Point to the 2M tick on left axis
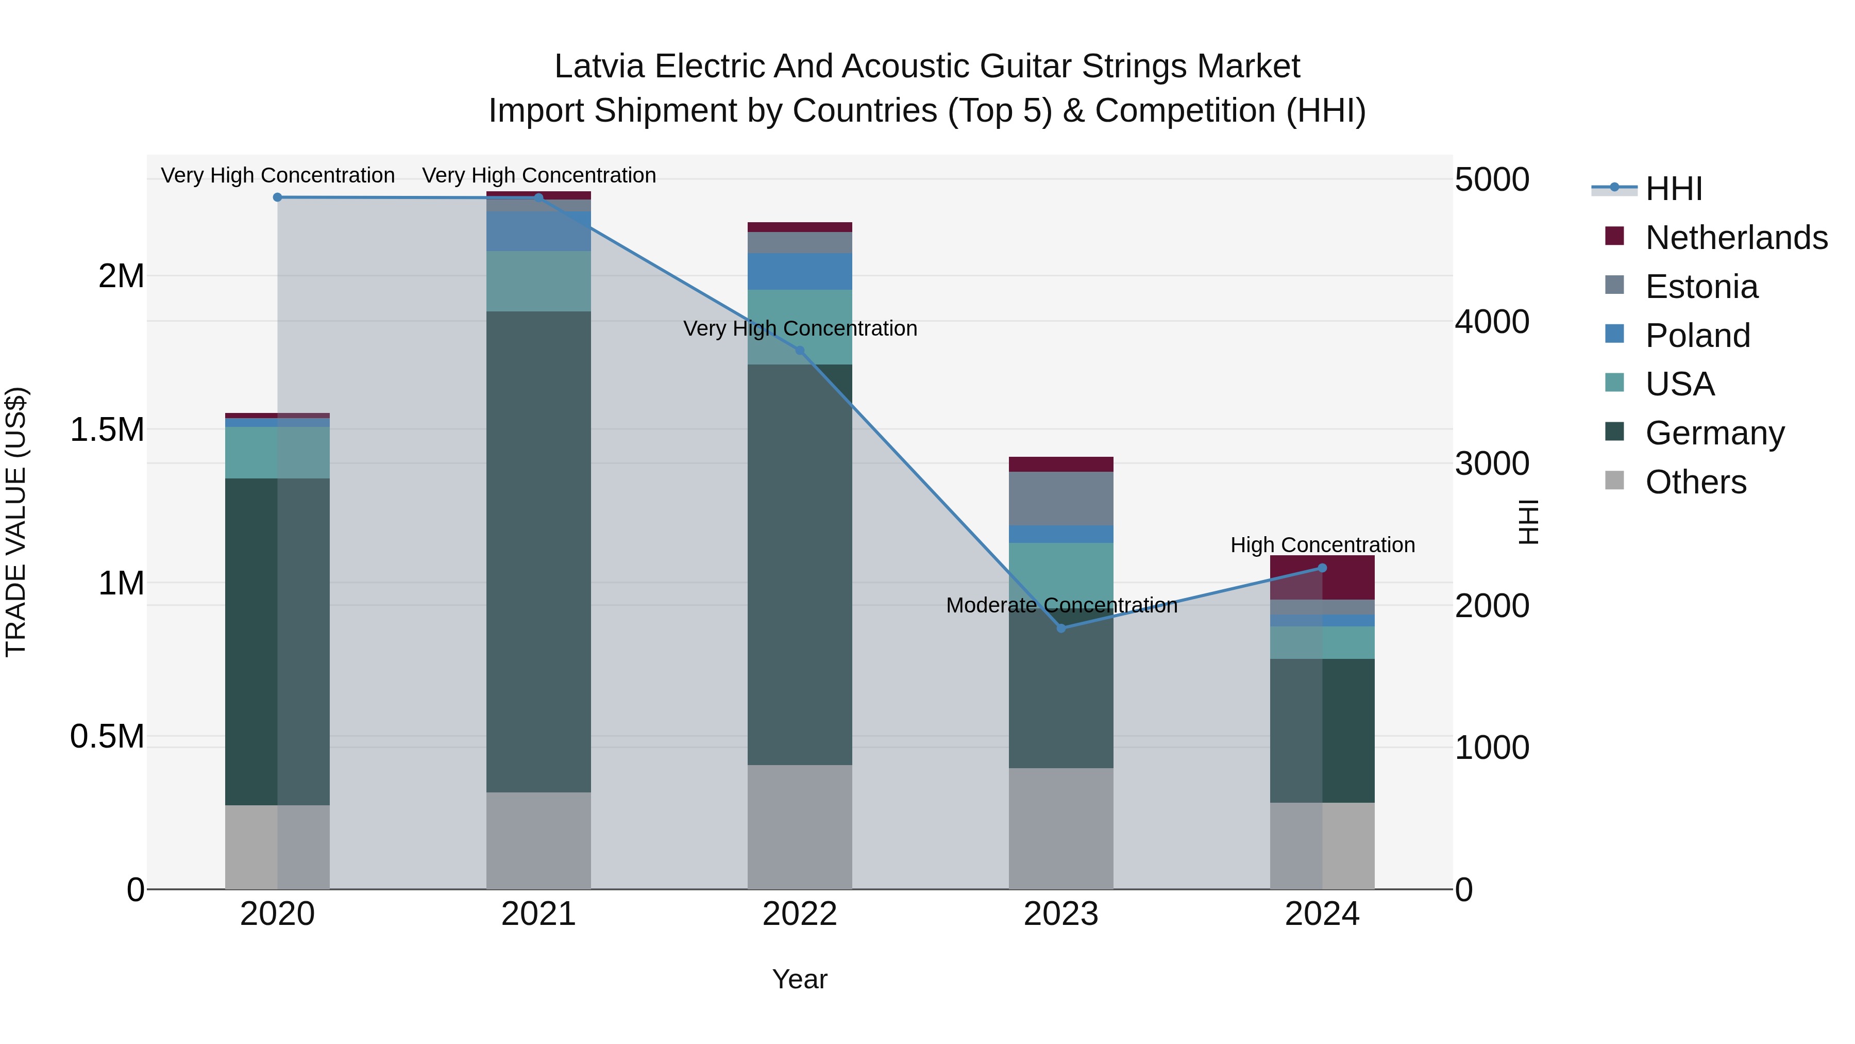point(121,276)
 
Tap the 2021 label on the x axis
point(538,914)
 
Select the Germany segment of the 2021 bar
point(538,551)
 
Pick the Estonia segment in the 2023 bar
point(1061,499)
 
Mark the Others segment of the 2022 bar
point(799,827)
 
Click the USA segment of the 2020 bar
point(277,453)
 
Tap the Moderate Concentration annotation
point(1061,605)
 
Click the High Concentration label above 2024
point(1322,545)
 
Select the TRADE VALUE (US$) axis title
point(16,522)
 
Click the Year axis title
point(799,979)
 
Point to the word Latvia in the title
point(599,67)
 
